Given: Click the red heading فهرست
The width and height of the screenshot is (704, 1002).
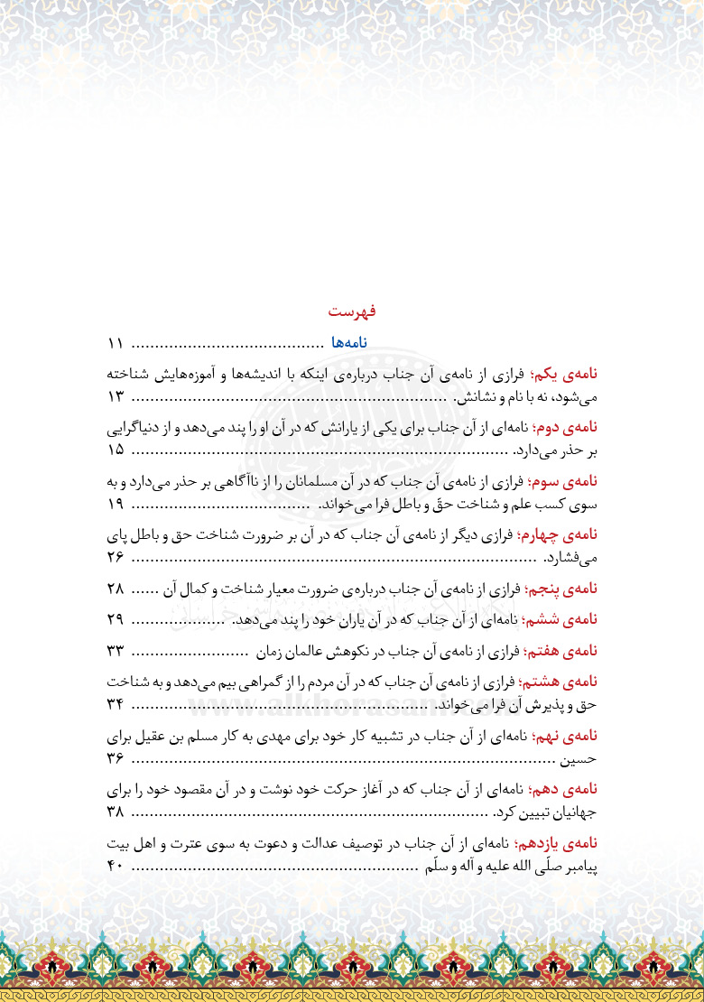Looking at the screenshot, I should point(352,311).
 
